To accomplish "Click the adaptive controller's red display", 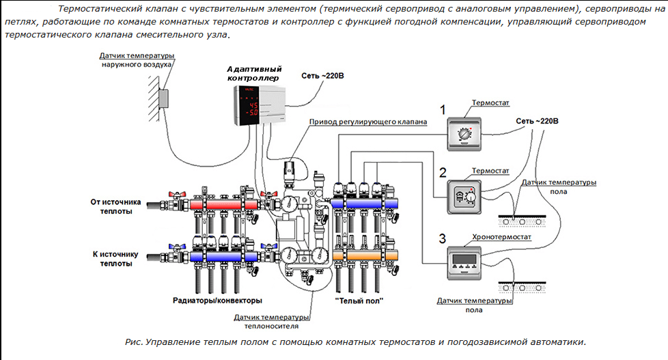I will pos(253,107).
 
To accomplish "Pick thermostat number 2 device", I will pos(464,197).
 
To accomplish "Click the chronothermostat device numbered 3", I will pos(464,262).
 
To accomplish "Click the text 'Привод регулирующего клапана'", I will pos(368,122).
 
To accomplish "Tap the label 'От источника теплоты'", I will pos(115,206).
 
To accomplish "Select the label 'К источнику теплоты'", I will pos(115,258).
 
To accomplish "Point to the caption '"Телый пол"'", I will pos(359,301).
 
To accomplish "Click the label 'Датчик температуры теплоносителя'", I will pos(271,321).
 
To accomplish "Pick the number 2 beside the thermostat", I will pos(442,172).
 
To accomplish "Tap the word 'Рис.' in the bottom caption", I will pos(134,342).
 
